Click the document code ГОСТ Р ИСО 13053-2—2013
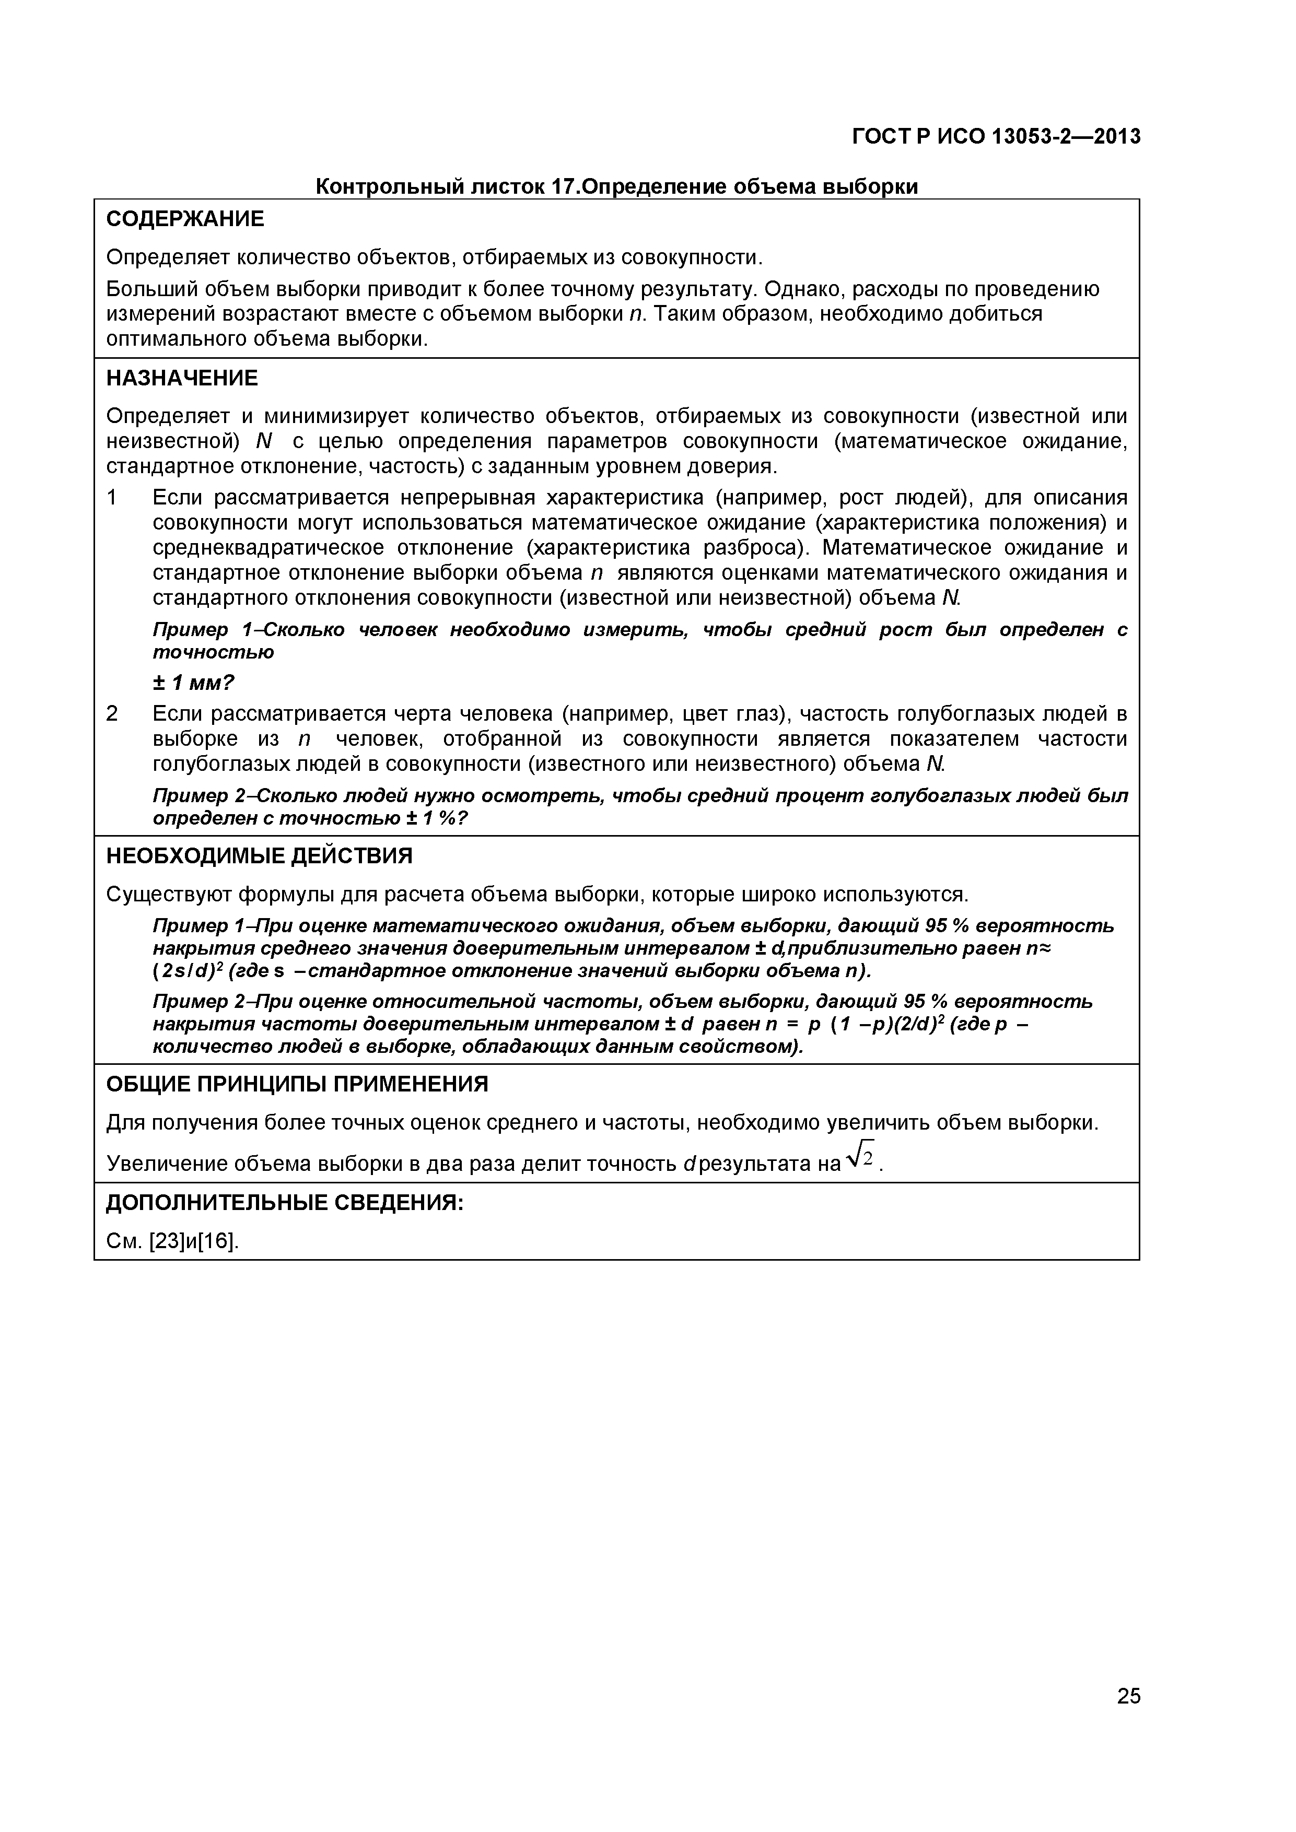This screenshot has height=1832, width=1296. tap(996, 137)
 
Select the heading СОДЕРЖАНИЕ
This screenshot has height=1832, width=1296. tap(184, 219)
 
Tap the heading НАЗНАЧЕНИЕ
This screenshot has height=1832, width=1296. tap(182, 378)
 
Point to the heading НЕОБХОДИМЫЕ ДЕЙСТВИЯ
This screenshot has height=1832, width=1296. tap(260, 856)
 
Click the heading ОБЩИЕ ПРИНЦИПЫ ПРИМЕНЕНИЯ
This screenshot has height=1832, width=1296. tap(297, 1084)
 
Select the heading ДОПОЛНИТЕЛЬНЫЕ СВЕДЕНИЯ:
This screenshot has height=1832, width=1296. tap(285, 1203)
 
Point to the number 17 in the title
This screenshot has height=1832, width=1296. tap(562, 187)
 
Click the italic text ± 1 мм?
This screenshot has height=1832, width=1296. tap(194, 683)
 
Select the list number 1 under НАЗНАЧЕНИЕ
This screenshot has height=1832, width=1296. tap(112, 498)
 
